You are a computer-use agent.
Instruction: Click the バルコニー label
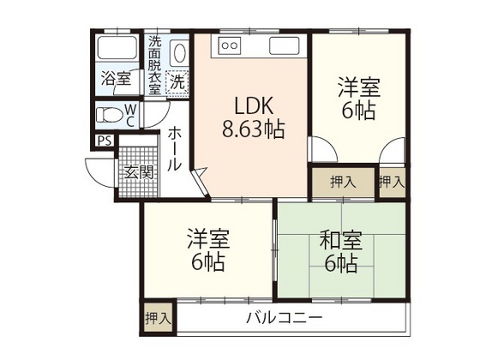tap(285, 318)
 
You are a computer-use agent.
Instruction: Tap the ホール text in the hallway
tap(174, 149)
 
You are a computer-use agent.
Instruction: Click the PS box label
tap(104, 141)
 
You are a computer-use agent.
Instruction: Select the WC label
tap(129, 115)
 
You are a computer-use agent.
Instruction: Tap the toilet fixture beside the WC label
tap(108, 114)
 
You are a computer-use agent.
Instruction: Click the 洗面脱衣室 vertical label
tap(154, 64)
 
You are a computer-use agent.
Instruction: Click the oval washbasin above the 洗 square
tap(179, 53)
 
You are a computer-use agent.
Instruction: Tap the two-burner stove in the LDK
tap(230, 44)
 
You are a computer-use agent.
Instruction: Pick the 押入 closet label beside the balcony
tap(157, 318)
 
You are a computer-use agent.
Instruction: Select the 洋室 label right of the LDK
tap(358, 87)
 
